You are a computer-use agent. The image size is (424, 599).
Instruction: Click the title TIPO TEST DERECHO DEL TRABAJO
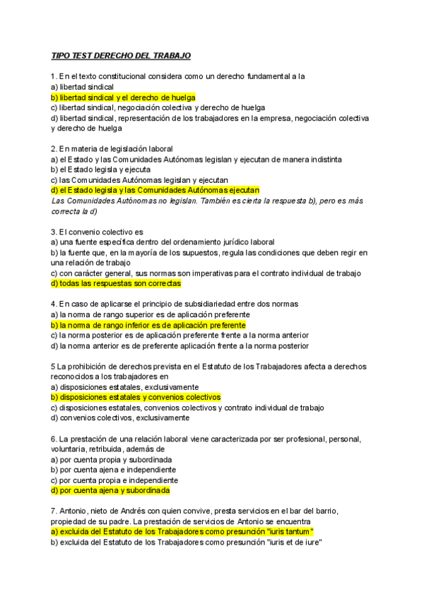(x=121, y=55)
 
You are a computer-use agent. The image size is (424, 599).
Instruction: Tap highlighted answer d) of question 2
(x=155, y=190)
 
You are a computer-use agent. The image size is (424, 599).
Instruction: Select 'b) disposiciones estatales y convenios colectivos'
(x=136, y=398)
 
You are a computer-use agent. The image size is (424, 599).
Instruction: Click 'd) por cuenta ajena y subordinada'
(x=110, y=490)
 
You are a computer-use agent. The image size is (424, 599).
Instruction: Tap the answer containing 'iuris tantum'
(x=182, y=531)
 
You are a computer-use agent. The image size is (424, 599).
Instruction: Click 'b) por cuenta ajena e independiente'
(x=113, y=470)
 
